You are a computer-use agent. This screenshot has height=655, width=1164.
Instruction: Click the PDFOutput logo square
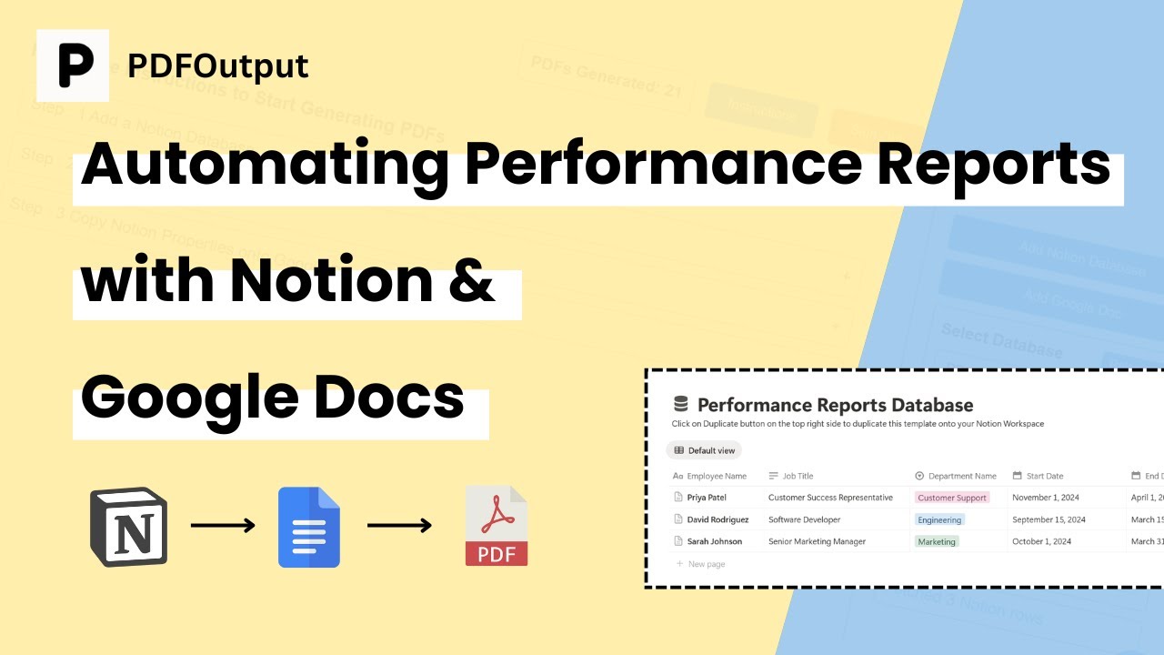tap(73, 65)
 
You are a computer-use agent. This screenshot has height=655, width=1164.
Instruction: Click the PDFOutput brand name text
tap(218, 65)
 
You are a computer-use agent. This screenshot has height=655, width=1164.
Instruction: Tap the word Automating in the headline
tap(265, 165)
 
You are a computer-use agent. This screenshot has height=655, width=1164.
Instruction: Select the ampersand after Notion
tap(473, 281)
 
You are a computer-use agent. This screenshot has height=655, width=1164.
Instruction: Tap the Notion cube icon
tap(128, 527)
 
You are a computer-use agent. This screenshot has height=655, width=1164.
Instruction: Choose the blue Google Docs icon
tap(309, 528)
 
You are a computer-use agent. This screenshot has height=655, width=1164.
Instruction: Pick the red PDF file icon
tap(497, 526)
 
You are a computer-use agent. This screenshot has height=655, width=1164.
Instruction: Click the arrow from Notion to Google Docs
tap(223, 526)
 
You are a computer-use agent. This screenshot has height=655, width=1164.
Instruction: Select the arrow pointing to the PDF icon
tap(399, 526)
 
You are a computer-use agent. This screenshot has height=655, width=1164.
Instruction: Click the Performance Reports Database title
tap(835, 405)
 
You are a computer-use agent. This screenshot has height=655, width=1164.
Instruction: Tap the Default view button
tap(705, 450)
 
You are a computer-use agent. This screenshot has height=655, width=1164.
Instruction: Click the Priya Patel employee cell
tap(707, 498)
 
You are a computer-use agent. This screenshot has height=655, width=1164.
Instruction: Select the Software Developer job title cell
tap(804, 519)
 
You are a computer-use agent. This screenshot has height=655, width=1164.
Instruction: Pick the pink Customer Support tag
tap(952, 498)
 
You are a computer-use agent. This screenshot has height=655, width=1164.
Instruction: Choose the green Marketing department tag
tap(937, 541)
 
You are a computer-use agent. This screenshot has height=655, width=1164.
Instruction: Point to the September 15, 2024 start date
tap(1049, 519)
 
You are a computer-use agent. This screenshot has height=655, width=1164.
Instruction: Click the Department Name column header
tap(961, 476)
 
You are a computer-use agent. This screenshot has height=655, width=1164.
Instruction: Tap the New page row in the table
tap(707, 564)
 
